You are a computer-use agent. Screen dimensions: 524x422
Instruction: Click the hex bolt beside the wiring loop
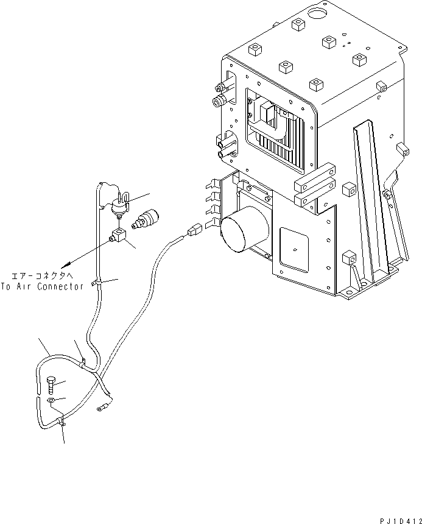tap(51, 384)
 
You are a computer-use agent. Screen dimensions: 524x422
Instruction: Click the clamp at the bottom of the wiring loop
tap(61, 420)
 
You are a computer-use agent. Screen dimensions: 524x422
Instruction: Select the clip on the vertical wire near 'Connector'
tap(96, 283)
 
